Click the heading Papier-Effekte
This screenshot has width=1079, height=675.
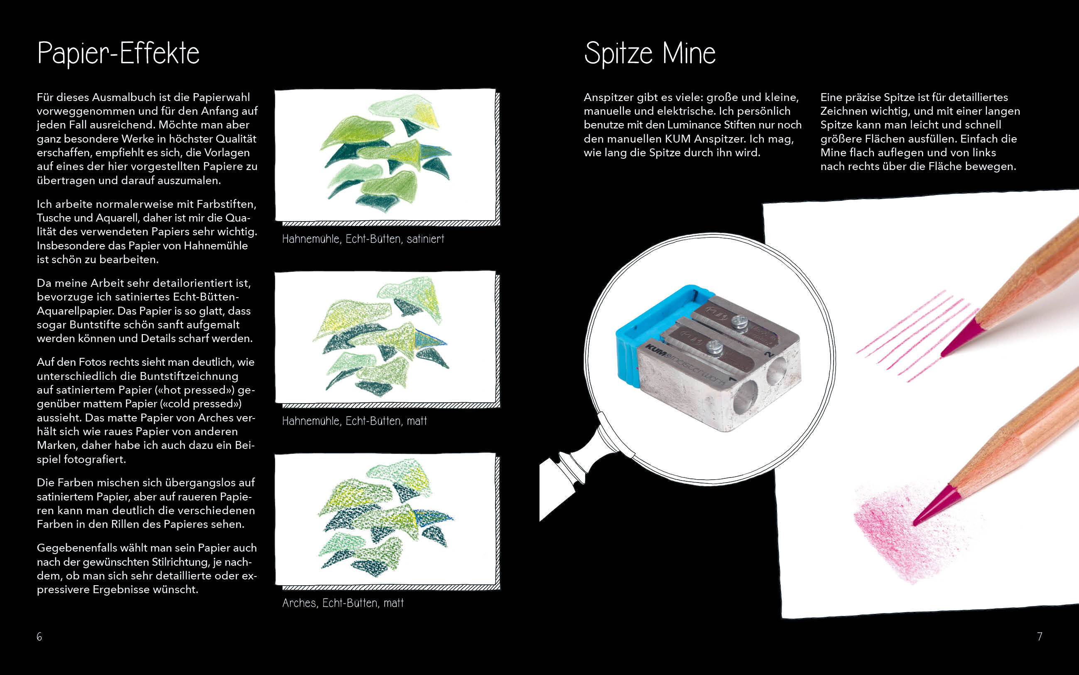pos(118,54)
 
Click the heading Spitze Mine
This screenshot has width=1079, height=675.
pos(650,54)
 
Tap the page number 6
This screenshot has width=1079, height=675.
pos(39,637)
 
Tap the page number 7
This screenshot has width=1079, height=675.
pos(1039,637)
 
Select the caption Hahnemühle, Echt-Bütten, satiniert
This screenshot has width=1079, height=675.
pos(363,239)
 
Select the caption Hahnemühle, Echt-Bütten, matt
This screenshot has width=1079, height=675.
pos(355,421)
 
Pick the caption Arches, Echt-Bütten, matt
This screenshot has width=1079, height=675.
pos(343,603)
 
